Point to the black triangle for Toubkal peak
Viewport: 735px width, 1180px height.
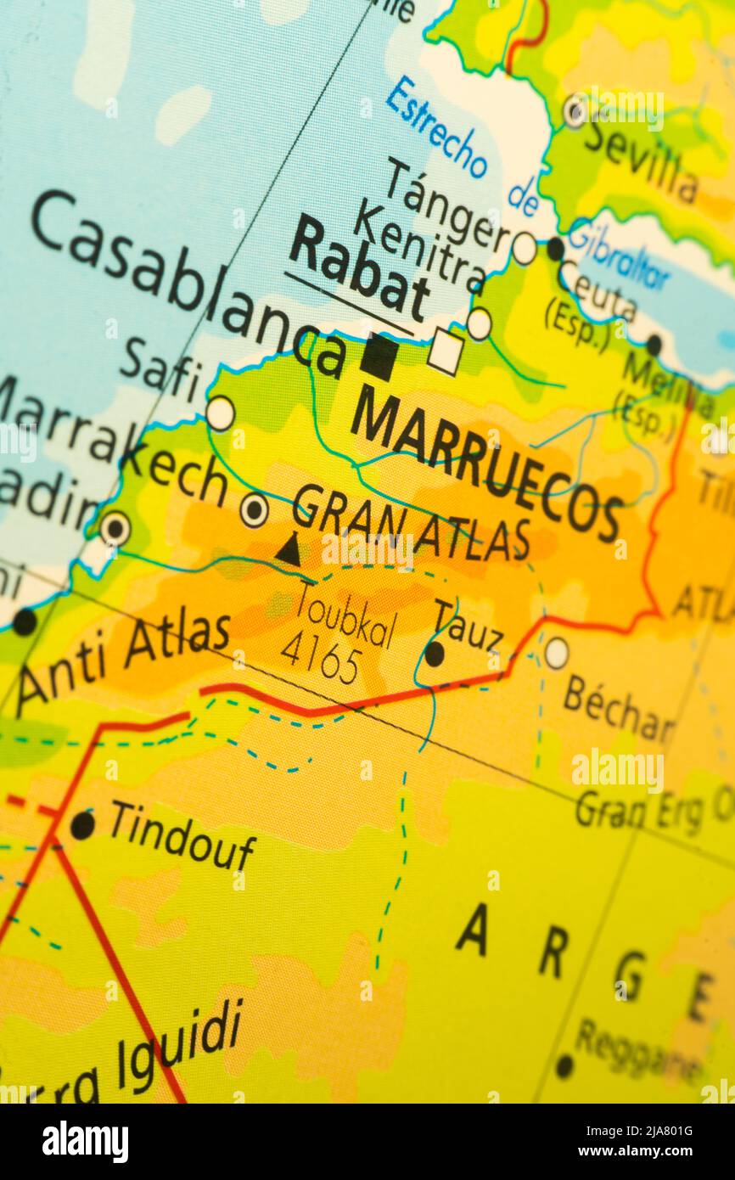point(289,550)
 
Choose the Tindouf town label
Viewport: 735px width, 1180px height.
point(182,835)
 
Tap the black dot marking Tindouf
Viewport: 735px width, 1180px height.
point(82,825)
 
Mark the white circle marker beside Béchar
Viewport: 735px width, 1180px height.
point(556,652)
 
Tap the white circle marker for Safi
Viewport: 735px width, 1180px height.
point(220,413)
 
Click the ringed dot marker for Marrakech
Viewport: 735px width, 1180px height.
point(254,510)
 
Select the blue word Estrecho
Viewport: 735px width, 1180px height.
point(436,127)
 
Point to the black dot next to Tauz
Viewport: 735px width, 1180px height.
point(434,654)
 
